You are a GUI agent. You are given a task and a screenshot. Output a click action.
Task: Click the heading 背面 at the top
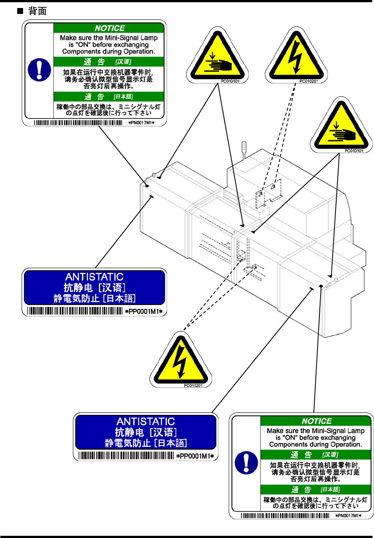point(37,11)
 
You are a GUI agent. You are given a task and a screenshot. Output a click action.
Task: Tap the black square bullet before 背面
point(20,11)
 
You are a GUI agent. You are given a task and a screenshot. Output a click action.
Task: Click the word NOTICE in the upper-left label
point(110,28)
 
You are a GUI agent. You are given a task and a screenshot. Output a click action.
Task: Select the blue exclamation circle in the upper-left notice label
point(39,70)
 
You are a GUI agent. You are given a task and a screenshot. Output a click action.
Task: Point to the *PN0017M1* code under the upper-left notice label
point(141,123)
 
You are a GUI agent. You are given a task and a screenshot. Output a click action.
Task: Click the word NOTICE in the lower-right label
point(316,421)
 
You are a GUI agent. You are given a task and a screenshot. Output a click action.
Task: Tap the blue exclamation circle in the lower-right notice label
point(246,463)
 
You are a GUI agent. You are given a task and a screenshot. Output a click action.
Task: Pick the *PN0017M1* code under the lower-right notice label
point(348,516)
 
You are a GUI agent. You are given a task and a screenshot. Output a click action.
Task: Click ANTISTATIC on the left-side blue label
point(95,277)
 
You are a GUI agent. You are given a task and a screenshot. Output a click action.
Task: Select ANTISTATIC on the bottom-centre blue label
point(146,422)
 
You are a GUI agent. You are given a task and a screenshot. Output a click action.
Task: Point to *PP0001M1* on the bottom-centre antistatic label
point(195,456)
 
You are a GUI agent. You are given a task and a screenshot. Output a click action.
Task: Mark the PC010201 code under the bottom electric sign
point(193,386)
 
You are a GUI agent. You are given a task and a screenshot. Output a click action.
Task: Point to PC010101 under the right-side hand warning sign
point(354,151)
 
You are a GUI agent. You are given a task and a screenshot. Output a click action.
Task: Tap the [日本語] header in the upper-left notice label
point(123,97)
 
